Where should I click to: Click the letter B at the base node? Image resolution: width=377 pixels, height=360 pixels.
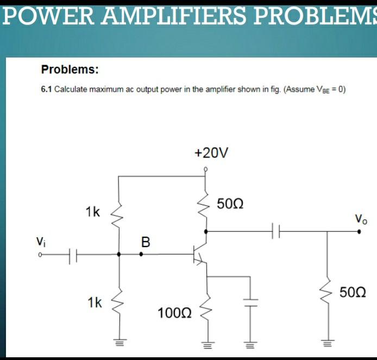tap(145, 241)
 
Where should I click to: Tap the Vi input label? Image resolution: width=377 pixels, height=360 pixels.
tap(41, 241)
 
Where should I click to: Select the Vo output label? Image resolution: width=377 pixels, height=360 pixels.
tap(361, 219)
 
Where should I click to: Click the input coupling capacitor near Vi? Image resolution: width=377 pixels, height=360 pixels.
tap(74, 254)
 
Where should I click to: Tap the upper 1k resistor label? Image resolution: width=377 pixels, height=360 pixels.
tap(92, 212)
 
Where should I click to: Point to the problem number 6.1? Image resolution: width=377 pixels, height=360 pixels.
tap(46, 90)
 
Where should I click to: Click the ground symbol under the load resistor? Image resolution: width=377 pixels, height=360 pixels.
tap(327, 342)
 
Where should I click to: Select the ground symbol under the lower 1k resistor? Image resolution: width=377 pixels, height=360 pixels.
tap(119, 342)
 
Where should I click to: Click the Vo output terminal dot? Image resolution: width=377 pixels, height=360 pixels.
tap(359, 231)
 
